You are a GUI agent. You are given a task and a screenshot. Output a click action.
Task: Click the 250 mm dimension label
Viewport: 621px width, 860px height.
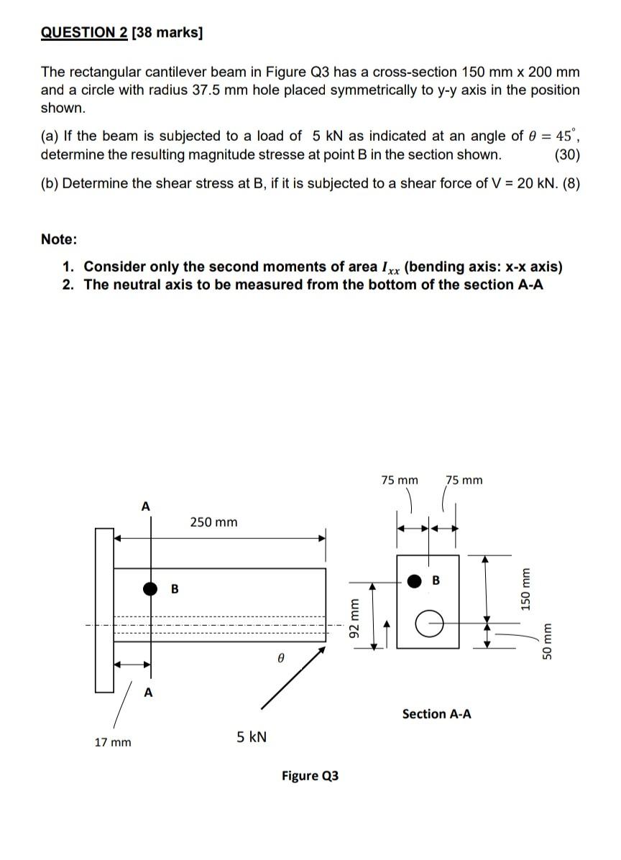pyautogui.click(x=213, y=522)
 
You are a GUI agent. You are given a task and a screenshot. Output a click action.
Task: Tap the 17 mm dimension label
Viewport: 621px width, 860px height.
pyautogui.click(x=113, y=742)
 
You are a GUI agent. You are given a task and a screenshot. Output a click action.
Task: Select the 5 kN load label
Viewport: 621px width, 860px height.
pyautogui.click(x=252, y=737)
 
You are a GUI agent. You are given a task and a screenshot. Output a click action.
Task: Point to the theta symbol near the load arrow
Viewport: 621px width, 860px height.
pyautogui.click(x=281, y=657)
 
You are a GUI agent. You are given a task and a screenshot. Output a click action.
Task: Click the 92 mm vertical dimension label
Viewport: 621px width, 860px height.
pyautogui.click(x=353, y=616)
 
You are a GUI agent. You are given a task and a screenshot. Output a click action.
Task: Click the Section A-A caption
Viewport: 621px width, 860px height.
pyautogui.click(x=437, y=713)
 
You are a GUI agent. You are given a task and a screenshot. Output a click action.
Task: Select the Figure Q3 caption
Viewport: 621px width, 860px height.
pyautogui.click(x=310, y=776)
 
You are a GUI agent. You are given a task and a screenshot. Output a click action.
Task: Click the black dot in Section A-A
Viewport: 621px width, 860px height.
pyautogui.click(x=415, y=581)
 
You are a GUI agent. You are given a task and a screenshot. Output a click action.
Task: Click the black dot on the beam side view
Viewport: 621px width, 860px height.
pyautogui.click(x=150, y=589)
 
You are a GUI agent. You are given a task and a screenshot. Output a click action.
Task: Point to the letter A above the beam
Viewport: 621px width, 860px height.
pyautogui.click(x=146, y=507)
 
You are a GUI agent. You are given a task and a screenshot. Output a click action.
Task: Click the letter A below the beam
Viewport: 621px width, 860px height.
pyautogui.click(x=148, y=693)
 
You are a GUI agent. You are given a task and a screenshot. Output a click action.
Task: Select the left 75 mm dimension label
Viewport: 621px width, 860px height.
pyautogui.click(x=399, y=480)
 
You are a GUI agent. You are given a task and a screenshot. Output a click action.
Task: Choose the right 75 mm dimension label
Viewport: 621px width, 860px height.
pyautogui.click(x=464, y=480)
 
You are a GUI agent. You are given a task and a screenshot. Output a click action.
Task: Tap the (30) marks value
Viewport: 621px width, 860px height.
pyautogui.click(x=567, y=154)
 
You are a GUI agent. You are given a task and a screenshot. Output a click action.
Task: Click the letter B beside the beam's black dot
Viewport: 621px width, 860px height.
pyautogui.click(x=174, y=590)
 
